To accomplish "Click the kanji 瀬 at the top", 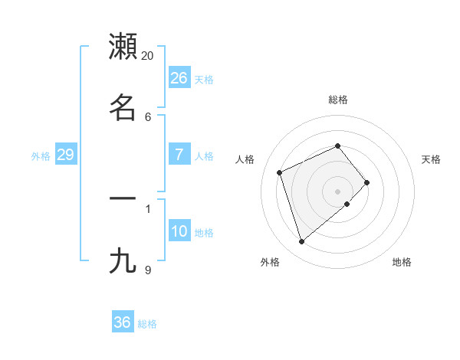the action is click(x=123, y=47).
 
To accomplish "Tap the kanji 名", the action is click(x=123, y=107).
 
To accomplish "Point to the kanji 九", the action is click(x=123, y=260).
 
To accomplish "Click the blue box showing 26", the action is click(x=179, y=78).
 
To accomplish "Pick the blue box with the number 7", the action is click(x=179, y=155).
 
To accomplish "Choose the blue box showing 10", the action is click(x=179, y=231).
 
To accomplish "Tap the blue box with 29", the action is click(x=66, y=155).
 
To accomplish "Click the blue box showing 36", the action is click(x=123, y=322).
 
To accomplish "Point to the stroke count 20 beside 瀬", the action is click(x=148, y=56).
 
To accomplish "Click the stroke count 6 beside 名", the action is click(x=148, y=116).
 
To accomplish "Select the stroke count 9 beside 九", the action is click(x=148, y=270).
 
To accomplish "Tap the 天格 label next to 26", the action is click(x=204, y=80).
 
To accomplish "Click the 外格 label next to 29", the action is click(x=41, y=156).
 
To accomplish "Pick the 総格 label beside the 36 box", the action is click(x=147, y=324).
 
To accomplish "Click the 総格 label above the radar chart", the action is click(x=337, y=100).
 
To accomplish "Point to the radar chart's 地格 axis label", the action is click(x=402, y=262).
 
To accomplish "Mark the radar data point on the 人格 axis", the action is click(x=280, y=172).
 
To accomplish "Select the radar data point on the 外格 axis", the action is click(x=301, y=242).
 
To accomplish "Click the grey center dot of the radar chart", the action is click(x=337, y=191).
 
